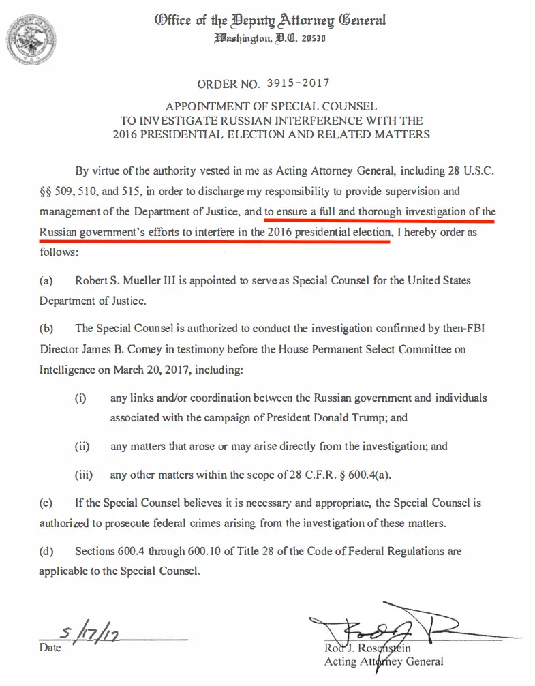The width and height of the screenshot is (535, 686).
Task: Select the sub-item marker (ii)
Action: [82, 447]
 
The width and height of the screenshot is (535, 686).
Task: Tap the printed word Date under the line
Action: [50, 648]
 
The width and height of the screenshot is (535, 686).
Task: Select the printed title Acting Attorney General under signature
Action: [384, 661]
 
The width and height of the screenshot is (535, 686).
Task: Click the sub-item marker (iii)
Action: [83, 475]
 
